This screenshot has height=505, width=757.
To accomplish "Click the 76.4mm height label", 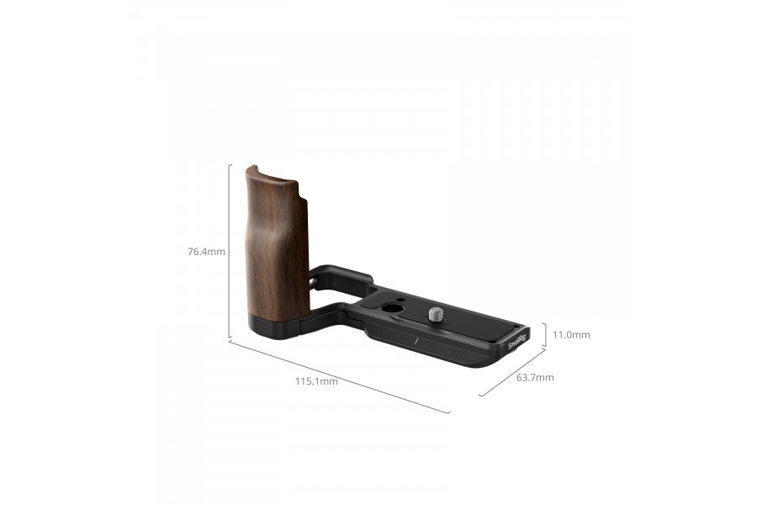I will [206, 251].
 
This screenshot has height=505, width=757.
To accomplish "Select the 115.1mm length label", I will [316, 381].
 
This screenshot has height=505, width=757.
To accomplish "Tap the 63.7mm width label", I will [535, 377].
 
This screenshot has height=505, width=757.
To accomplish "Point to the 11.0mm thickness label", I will [571, 335].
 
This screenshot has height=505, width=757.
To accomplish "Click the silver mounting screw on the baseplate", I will [437, 314].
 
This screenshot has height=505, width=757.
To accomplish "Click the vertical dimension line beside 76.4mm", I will [230, 251].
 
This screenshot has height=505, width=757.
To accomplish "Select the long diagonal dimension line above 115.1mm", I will [339, 376].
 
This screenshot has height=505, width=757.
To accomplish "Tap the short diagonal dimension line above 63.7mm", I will [511, 372].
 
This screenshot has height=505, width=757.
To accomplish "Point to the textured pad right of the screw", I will [479, 323].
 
